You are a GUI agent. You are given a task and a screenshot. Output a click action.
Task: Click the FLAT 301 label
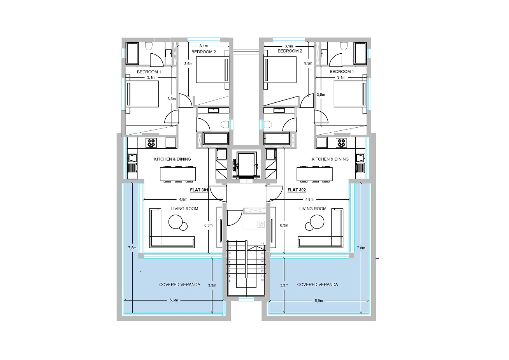(199, 190)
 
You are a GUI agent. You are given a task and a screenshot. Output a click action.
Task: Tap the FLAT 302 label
(297, 190)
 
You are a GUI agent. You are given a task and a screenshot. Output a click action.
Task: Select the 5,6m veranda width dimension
(174, 300)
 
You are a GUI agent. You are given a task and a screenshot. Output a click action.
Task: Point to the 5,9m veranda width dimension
(319, 301)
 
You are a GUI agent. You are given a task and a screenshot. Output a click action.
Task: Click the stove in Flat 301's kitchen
(151, 143)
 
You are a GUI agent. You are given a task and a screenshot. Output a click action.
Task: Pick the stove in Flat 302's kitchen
(341, 143)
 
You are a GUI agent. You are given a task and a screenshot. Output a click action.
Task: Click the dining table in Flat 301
(178, 174)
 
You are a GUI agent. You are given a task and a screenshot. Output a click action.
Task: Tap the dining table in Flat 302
(314, 174)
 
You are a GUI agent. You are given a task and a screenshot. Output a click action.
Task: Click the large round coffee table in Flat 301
(176, 221)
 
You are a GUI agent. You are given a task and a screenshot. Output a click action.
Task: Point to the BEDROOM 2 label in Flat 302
(290, 51)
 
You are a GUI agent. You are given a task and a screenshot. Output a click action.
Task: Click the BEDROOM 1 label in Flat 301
(149, 72)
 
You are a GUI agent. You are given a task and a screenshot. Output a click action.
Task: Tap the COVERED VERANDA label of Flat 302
(318, 284)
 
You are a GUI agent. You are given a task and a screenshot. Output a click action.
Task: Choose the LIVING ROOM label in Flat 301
(184, 209)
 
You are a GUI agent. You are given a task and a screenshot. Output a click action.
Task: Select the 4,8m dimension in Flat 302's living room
(309, 200)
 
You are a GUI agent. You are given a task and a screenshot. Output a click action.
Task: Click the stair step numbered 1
(230, 244)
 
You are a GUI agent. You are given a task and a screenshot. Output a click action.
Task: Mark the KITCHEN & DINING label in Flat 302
(330, 159)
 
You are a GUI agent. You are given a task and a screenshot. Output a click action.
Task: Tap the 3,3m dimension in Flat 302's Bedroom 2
(308, 63)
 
